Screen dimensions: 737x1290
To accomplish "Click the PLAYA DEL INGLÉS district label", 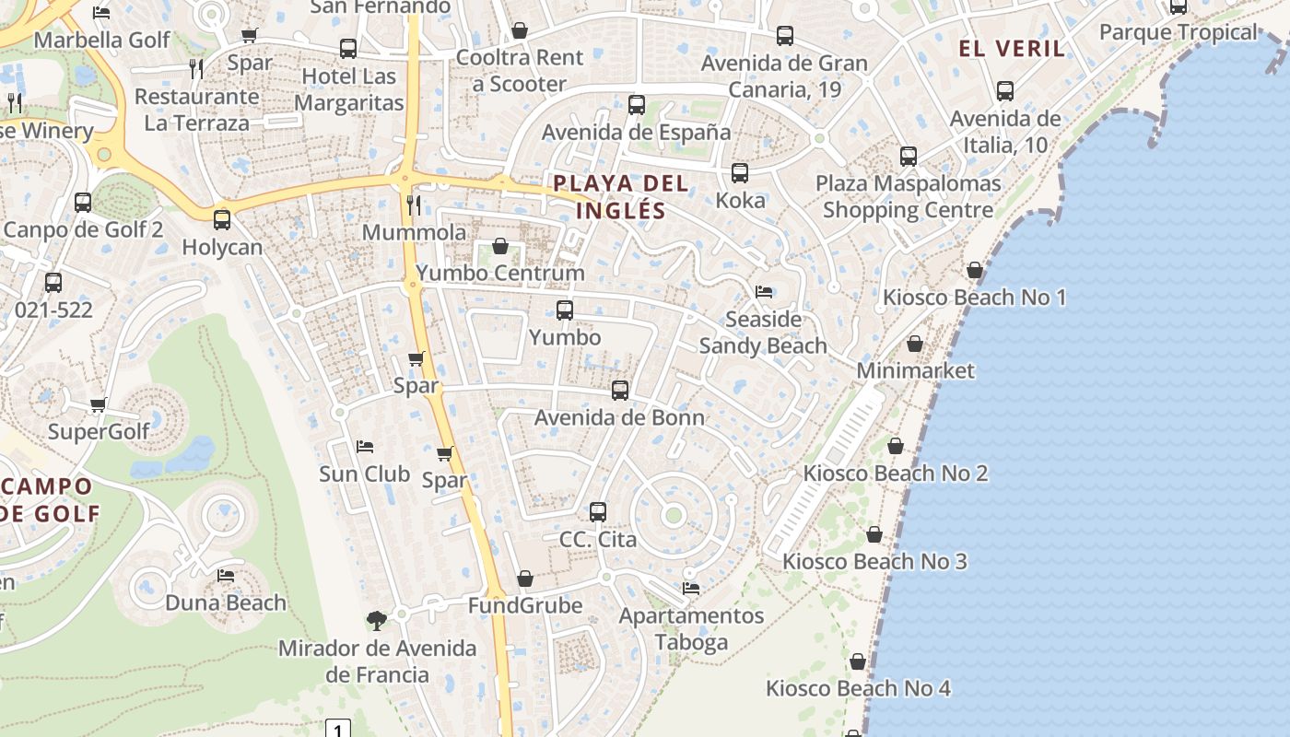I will (x=620, y=196).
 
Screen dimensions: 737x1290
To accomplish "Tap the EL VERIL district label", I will (x=1012, y=49).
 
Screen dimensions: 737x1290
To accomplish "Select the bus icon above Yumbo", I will (x=565, y=310).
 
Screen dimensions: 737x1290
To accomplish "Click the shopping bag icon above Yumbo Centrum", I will (x=500, y=246).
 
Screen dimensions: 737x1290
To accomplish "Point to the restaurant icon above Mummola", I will (x=414, y=205).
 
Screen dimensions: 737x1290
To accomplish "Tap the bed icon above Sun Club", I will (x=365, y=447).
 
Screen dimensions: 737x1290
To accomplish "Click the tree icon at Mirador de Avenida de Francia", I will (x=376, y=621).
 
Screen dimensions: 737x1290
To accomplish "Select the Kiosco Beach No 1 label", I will (x=974, y=298).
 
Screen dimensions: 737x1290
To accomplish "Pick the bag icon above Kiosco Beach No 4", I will (x=858, y=661).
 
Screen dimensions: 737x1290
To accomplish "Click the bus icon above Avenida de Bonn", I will (x=620, y=391).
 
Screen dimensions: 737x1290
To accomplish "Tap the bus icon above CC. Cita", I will (x=598, y=512).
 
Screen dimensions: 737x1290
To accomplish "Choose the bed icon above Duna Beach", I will (x=226, y=576).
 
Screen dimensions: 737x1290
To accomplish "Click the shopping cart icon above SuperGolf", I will (x=99, y=404).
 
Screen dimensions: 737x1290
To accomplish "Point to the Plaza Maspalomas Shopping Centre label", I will (x=908, y=196).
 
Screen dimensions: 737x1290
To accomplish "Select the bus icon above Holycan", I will (x=222, y=220).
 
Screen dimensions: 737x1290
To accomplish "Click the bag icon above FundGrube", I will (x=525, y=579).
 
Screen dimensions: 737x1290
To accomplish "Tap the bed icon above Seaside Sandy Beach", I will (x=764, y=292).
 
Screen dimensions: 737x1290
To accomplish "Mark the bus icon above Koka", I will (x=740, y=173).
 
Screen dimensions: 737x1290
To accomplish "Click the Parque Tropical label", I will (x=1178, y=32).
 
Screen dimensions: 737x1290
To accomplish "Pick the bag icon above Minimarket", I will (x=915, y=344).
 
